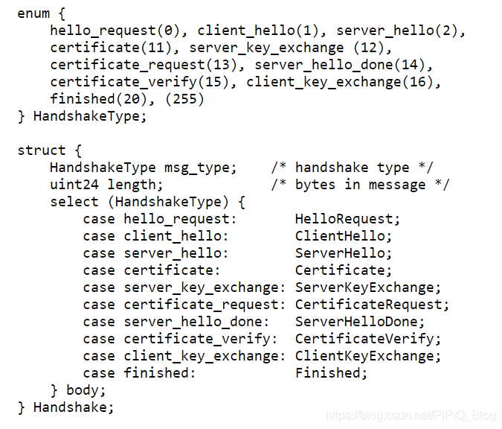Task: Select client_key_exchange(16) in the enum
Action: [340, 82]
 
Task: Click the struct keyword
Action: [42, 150]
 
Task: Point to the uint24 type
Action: [74, 185]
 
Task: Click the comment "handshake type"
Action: [352, 168]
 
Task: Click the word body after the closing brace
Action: [86, 390]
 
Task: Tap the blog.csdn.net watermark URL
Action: [411, 415]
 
